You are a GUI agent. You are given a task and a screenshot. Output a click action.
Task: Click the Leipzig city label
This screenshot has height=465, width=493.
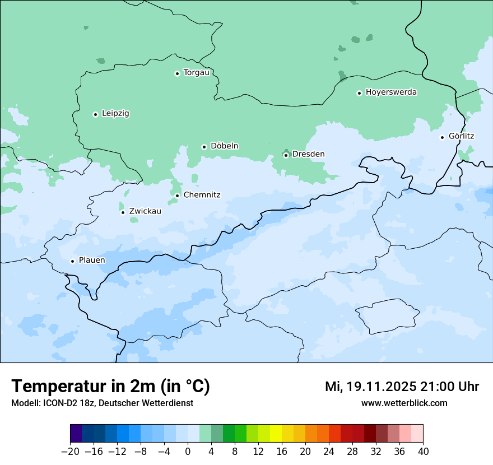[x=115, y=114]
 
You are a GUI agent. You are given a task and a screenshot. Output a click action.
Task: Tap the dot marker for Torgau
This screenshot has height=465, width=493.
[x=177, y=73]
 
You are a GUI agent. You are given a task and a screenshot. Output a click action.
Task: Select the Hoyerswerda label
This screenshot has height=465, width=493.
[x=391, y=92]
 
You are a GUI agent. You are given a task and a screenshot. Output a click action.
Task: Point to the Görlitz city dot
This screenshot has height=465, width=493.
[x=442, y=137]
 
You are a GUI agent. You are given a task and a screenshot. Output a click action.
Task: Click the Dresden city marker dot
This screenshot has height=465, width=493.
[x=286, y=155]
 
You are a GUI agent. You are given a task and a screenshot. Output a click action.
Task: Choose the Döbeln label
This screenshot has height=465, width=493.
[x=224, y=146]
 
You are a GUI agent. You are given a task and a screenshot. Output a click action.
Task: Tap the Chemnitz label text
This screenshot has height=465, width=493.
[x=202, y=196]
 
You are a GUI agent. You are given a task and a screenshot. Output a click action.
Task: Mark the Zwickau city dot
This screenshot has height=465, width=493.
[x=123, y=212]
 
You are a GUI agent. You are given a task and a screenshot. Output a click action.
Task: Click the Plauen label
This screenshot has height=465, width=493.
[x=92, y=261]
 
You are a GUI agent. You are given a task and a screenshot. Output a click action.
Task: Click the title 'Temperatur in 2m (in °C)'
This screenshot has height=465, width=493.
[x=111, y=387]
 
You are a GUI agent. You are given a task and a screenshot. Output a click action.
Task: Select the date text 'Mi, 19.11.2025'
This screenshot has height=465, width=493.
[x=370, y=387]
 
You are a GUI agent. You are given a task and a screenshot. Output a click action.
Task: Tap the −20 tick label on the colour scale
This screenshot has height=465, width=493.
[x=70, y=452]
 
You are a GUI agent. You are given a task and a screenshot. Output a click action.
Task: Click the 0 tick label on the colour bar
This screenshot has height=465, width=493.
[x=188, y=452]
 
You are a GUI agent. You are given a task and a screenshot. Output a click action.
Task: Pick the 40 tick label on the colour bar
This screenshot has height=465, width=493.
[x=423, y=452]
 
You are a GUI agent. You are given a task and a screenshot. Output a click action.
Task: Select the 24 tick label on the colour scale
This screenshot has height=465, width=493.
[x=329, y=452]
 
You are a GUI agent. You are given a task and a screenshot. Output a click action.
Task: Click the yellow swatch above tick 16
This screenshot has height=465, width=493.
[x=276, y=434]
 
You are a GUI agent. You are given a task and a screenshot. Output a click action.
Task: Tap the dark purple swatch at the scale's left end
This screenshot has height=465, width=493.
[x=76, y=434]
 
